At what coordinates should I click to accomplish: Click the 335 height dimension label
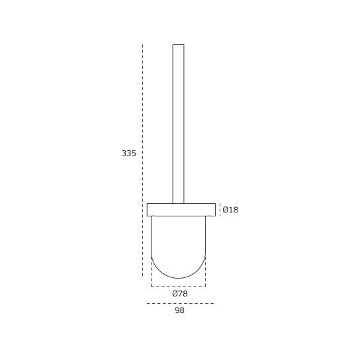click(129, 153)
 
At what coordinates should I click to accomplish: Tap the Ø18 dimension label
click(230, 210)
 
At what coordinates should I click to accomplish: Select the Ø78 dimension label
click(180, 294)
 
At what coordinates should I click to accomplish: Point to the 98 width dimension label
click(179, 310)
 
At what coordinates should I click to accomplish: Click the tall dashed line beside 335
click(142, 160)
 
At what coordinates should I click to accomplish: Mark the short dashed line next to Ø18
click(220, 210)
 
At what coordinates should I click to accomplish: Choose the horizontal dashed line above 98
click(181, 303)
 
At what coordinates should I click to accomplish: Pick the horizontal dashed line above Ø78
click(178, 287)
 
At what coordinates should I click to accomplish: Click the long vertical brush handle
click(179, 124)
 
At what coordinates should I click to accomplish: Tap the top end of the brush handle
click(179, 44)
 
